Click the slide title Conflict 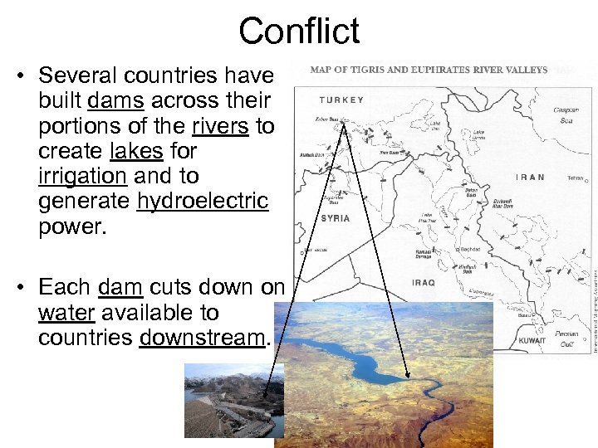point(299,32)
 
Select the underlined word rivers point(220,125)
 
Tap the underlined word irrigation point(82,176)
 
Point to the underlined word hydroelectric point(203,201)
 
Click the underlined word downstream point(202,338)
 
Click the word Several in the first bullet point(75,75)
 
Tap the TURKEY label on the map point(341,100)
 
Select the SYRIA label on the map point(335,218)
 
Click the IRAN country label point(531,177)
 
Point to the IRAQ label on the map point(424,283)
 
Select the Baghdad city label point(470,249)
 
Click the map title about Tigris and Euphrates point(429,70)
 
